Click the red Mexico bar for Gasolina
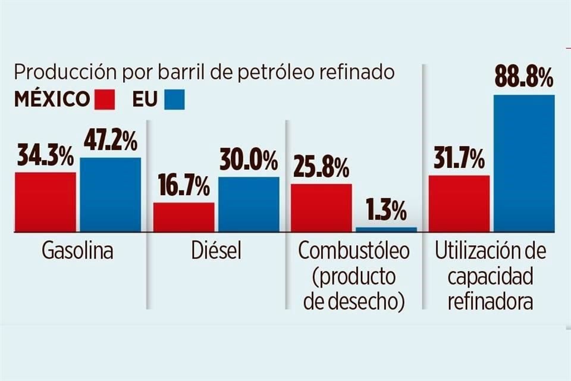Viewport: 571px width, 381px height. tap(45, 202)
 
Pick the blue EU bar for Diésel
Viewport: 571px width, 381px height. tap(249, 204)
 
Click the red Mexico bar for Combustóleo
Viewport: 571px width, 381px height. tap(321, 207)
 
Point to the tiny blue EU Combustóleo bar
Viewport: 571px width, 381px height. tap(386, 229)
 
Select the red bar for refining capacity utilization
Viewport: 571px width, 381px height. tap(459, 203)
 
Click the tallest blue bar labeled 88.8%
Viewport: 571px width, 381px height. tap(524, 163)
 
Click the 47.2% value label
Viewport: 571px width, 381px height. tap(111, 142)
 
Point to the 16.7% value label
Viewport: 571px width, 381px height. tap(183, 188)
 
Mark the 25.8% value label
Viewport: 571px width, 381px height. tap(321, 169)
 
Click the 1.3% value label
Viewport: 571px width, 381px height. tap(386, 211)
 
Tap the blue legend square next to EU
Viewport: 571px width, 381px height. tap(174, 99)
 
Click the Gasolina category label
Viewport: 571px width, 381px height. tap(77, 252)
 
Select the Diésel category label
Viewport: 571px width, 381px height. tap(216, 252)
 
